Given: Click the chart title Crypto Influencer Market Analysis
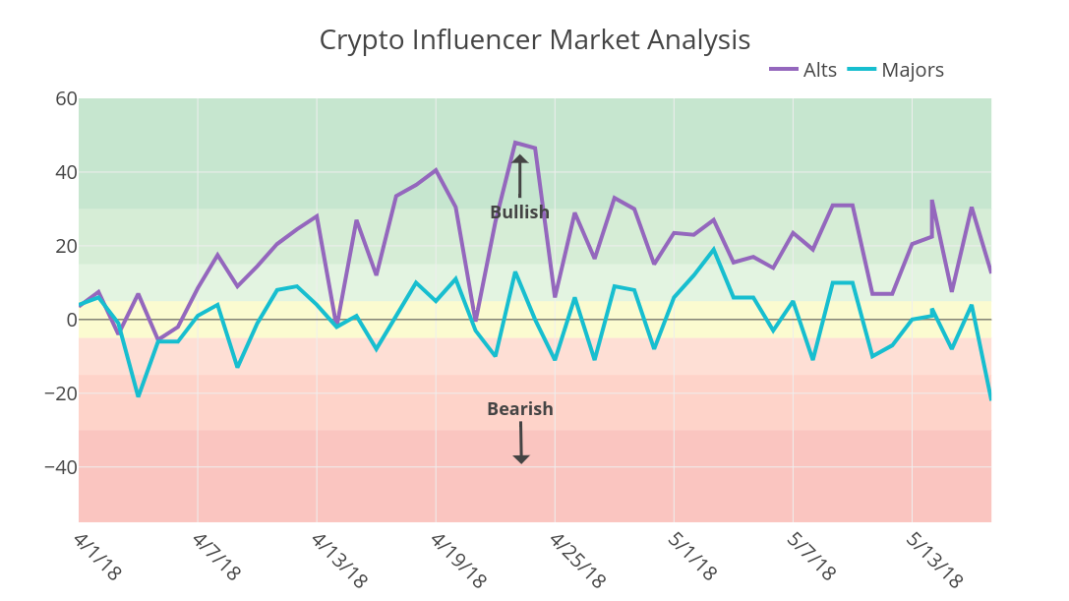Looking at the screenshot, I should tap(534, 40).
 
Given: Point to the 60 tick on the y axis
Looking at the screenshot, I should tap(66, 98).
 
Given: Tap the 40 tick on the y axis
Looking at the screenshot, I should tap(66, 172).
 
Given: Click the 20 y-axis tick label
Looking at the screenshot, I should tap(66, 246).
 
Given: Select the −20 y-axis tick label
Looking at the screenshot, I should tap(60, 393).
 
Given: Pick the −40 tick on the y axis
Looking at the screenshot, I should tap(60, 467).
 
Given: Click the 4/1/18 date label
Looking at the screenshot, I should tap(97, 557).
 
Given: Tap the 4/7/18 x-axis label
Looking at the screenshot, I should tap(216, 557).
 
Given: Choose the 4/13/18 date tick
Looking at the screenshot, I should tap(339, 561).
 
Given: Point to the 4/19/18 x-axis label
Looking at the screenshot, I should tap(458, 561).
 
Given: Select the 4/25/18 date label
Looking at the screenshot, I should tap(577, 561).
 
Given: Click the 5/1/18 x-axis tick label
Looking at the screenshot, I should tap(692, 557).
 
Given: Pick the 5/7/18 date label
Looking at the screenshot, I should tap(811, 557).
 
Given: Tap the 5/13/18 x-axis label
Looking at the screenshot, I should tap(934, 561).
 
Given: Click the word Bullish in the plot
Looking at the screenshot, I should tap(519, 212).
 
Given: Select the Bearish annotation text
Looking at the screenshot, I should tap(520, 409).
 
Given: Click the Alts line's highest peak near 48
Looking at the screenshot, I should tap(515, 143).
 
